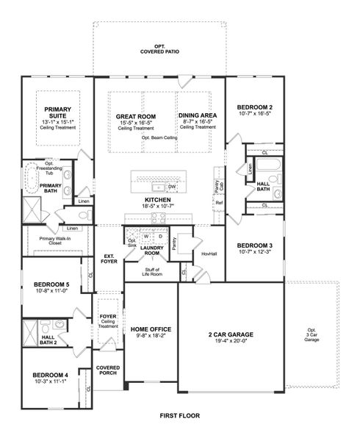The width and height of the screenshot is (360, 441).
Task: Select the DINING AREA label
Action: pos(197,116)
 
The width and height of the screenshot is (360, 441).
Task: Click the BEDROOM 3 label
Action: pos(255,245)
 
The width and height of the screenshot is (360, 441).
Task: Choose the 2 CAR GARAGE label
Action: pos(231,333)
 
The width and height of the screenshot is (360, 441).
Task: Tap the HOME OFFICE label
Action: pos(151,330)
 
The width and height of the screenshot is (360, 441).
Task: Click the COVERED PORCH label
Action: pos(108,370)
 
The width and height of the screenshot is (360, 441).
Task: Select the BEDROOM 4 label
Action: pos(50,374)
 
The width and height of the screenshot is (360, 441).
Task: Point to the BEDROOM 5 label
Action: pos(51,284)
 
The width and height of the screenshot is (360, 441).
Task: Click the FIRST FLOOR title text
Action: pos(180,416)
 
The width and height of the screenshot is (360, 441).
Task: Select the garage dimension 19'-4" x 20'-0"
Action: pos(231,341)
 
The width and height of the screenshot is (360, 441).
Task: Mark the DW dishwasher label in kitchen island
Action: pos(170,187)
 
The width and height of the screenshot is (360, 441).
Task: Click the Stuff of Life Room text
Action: pos(151,273)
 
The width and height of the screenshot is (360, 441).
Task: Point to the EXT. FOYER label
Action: pos(108,259)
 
